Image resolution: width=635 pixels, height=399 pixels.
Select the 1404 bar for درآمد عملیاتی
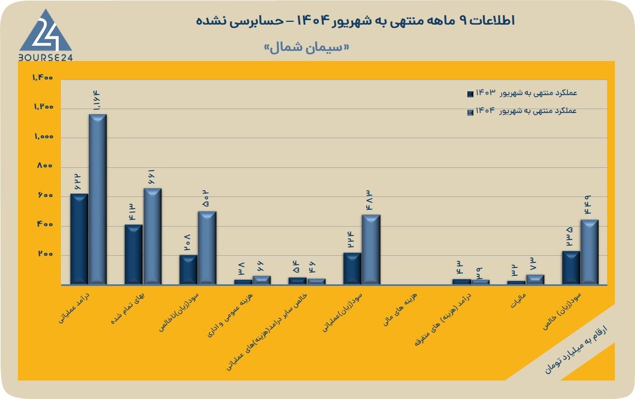point(98,199)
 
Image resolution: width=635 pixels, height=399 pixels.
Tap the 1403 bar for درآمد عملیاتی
point(79,239)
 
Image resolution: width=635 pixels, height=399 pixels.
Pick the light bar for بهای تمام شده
point(152,236)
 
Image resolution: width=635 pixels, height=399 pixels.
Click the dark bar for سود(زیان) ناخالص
point(188,270)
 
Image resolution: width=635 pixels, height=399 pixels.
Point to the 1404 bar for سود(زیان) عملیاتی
point(371,250)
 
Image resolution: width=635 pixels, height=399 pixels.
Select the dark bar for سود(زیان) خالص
point(571,267)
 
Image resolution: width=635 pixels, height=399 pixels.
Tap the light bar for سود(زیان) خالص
point(590,252)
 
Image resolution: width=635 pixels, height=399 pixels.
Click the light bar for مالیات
point(535,279)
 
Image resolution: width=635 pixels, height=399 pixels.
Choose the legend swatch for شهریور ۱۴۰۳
point(470,94)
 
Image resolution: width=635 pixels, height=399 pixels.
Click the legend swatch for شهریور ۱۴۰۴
point(470,112)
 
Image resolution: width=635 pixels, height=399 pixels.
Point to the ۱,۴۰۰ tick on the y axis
point(43,77)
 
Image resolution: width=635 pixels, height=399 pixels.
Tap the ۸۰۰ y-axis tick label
point(45,166)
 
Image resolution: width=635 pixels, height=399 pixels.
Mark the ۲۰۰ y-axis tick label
point(45,254)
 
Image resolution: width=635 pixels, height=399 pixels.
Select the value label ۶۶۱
point(151,177)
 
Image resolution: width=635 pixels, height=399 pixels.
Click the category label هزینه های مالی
point(401,309)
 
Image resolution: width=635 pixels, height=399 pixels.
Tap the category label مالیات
point(518,301)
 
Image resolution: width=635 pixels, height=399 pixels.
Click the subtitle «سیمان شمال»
point(306,47)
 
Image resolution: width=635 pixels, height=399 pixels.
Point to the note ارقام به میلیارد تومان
point(576,349)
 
